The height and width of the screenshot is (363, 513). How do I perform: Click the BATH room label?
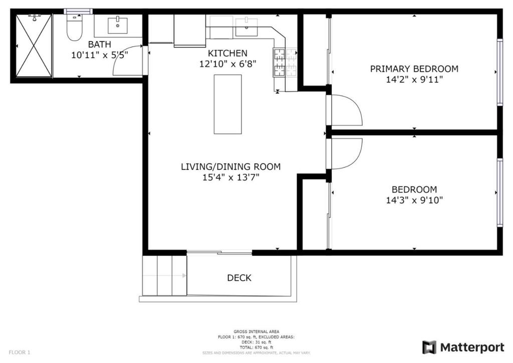(x=100, y=44)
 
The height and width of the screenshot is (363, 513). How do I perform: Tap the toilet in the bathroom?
(x=75, y=29)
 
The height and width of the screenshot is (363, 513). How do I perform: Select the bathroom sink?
(x=118, y=24)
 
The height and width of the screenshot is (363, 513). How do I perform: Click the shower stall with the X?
(x=34, y=46)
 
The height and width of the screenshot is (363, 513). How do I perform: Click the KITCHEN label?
(x=227, y=53)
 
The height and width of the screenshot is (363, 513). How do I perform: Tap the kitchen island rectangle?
(x=228, y=104)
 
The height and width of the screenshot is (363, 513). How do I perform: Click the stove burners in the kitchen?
(x=285, y=62)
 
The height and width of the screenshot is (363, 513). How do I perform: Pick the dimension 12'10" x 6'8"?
(x=227, y=64)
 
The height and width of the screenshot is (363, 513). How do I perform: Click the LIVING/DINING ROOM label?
(x=230, y=166)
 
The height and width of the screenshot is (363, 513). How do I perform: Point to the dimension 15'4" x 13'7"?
(x=230, y=177)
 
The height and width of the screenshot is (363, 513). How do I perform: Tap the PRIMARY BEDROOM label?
(x=414, y=69)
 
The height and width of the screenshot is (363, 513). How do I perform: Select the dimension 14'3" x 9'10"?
(x=414, y=200)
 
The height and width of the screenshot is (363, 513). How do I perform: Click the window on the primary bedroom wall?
(x=499, y=72)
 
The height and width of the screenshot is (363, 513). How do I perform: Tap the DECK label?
(x=239, y=278)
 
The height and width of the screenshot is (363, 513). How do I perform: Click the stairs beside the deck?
(x=165, y=275)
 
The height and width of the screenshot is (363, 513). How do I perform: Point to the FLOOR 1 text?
(x=20, y=352)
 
